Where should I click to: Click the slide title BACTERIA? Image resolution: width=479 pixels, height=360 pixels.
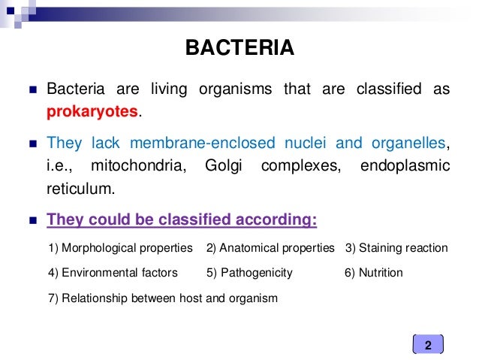point(240,50)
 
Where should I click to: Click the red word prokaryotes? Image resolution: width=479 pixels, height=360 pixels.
point(92,111)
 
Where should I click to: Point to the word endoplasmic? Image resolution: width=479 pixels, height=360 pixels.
point(405,165)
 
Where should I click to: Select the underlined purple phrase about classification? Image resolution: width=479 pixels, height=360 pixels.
point(182,221)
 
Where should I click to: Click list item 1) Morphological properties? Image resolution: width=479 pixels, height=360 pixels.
point(120,248)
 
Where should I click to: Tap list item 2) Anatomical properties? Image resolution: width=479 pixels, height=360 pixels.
point(270,248)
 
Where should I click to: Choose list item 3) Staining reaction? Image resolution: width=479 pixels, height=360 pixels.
point(396,248)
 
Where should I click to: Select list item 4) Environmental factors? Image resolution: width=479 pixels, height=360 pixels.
point(113,273)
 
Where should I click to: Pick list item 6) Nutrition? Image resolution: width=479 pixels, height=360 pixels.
point(374,273)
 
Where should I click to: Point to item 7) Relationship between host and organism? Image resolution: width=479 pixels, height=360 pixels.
point(162,298)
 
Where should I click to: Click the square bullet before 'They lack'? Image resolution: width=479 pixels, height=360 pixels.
point(30,144)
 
